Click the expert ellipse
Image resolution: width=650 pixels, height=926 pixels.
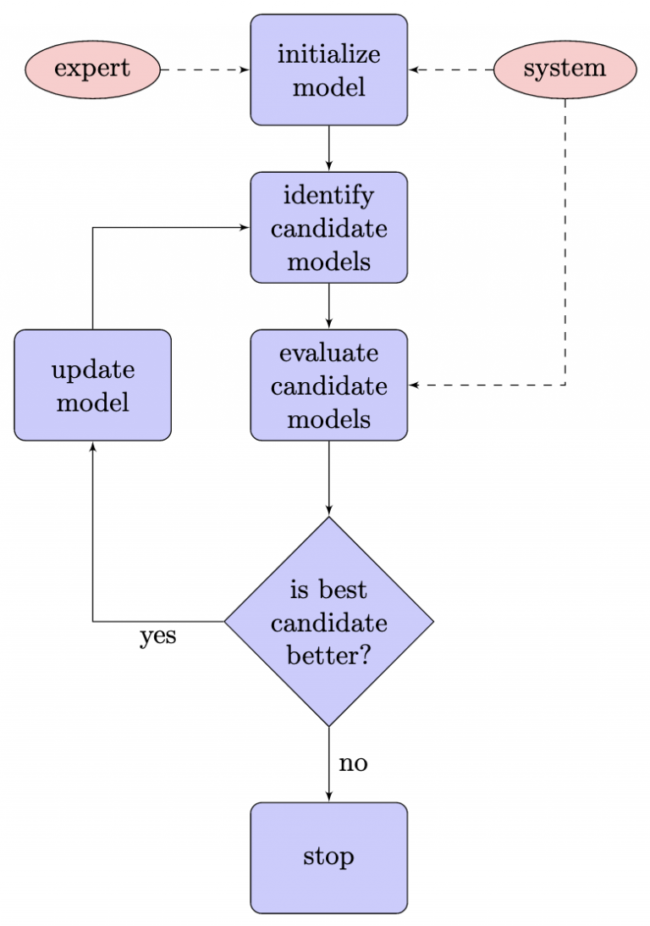point(92,69)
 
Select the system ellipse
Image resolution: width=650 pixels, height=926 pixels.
point(565,69)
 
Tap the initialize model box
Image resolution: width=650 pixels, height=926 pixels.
point(328,70)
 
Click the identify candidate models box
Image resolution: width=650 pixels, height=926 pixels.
point(328,228)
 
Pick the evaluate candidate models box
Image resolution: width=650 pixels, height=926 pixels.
point(328,385)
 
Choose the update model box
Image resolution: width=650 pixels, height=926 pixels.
point(92,385)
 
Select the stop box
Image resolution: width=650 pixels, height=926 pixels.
point(328,857)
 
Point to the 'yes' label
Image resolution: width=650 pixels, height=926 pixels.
point(158,636)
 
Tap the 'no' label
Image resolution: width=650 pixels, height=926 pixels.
point(353,764)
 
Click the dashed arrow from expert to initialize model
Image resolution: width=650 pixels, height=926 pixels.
point(205,69)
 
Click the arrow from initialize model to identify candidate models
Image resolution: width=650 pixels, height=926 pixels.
point(328,148)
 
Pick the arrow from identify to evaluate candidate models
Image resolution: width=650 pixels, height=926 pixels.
point(328,306)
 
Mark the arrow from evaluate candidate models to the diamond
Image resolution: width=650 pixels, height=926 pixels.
point(328,478)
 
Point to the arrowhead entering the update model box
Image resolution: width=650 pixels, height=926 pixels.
point(92,446)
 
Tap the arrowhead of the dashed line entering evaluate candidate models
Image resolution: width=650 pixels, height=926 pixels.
point(415,385)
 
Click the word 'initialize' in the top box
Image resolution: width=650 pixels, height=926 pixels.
point(328,55)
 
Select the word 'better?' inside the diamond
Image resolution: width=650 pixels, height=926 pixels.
point(328,654)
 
